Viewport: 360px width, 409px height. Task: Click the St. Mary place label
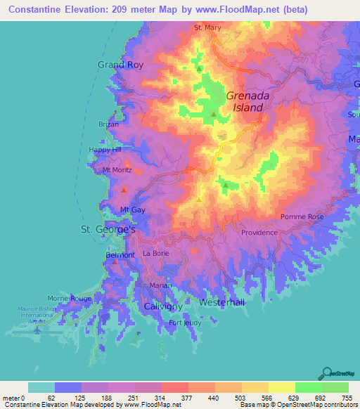pos(207,29)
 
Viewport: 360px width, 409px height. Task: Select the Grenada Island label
pos(245,102)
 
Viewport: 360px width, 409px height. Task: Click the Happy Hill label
pos(105,150)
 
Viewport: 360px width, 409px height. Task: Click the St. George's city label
pos(108,229)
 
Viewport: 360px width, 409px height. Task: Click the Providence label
pos(259,233)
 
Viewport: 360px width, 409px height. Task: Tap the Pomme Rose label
pos(302,217)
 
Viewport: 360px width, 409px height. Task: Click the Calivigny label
pos(163,307)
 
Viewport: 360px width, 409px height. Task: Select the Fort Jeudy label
pos(184,323)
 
